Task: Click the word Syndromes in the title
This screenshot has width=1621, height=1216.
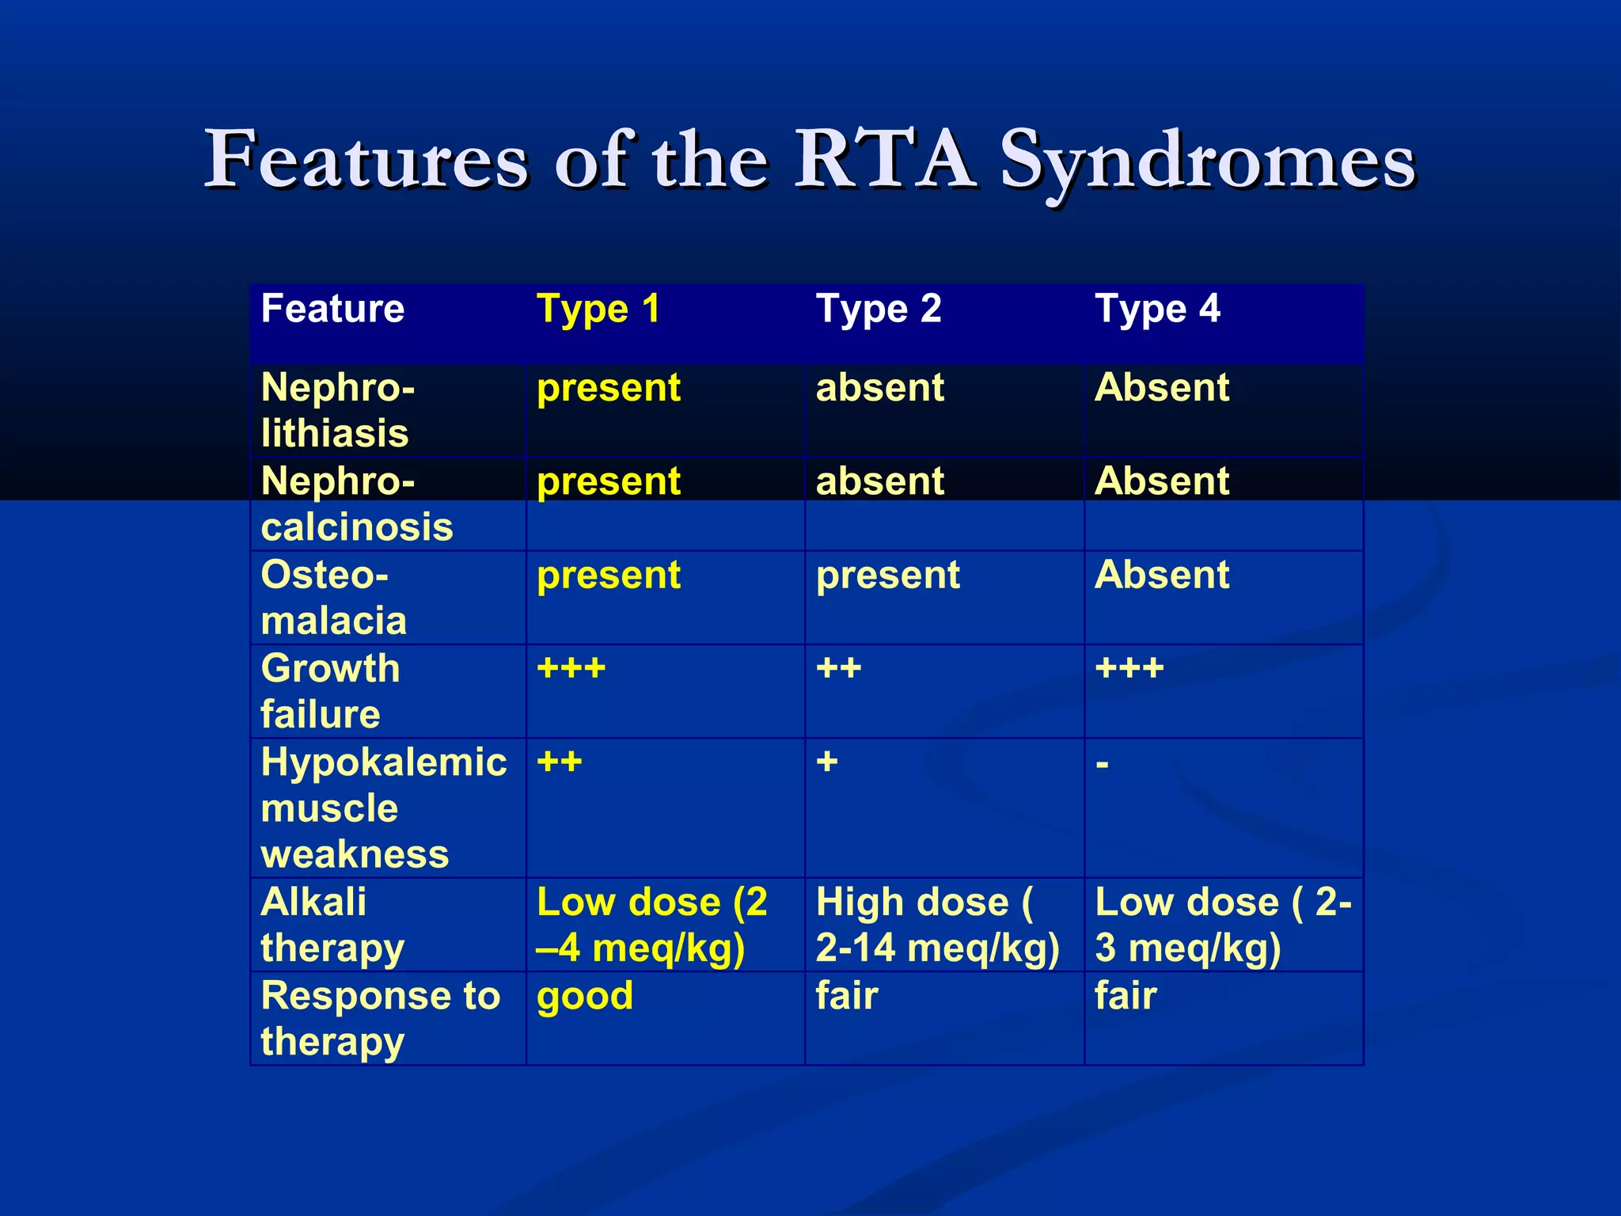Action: tap(1207, 162)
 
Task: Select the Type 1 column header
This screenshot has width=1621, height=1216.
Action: tap(598, 310)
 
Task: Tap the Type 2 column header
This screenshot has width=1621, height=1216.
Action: tap(879, 310)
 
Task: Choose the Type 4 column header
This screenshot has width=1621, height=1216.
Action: tap(1157, 310)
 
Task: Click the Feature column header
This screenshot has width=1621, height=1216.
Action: tap(332, 309)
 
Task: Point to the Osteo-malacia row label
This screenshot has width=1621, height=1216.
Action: tap(333, 597)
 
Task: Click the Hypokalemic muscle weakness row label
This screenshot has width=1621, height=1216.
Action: tap(383, 807)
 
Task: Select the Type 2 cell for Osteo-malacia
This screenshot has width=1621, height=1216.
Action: tap(887, 576)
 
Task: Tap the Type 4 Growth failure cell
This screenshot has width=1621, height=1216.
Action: tap(1129, 669)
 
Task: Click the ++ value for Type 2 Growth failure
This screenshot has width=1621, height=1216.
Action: tap(838, 669)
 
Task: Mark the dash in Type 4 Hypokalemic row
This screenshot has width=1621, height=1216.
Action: tap(1102, 765)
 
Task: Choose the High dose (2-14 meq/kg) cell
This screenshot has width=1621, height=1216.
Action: tap(937, 925)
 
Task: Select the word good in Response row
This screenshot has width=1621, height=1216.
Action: tap(585, 997)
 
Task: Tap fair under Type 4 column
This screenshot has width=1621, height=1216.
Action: tap(1126, 995)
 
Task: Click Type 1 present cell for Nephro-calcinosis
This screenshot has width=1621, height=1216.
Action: tap(608, 482)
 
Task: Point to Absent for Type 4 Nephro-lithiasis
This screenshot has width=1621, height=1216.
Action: tap(1161, 388)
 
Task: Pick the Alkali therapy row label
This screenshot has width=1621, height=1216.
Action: tap(332, 925)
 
